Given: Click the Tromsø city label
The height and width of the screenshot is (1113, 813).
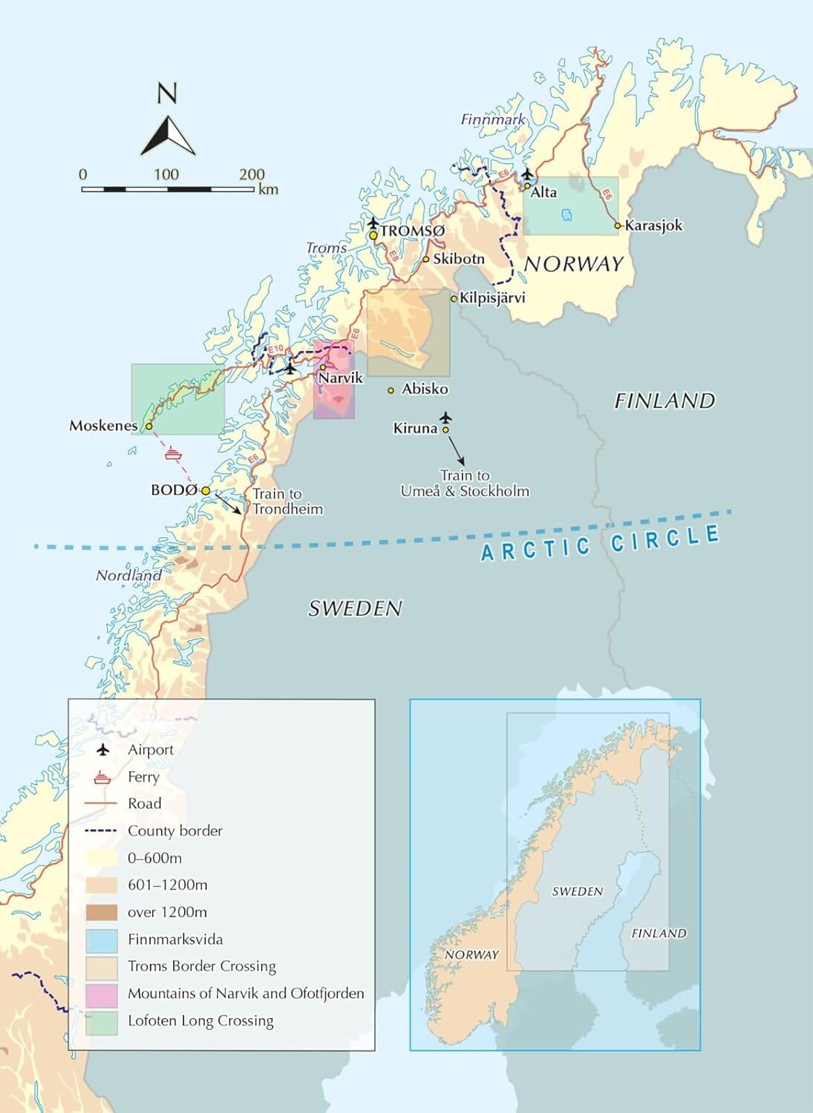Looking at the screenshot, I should [413, 232].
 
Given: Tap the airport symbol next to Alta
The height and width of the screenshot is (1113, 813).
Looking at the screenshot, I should [527, 174].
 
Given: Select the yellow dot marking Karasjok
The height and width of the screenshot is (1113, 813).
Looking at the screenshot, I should [618, 226].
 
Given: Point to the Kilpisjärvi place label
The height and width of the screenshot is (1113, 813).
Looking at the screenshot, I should [492, 298].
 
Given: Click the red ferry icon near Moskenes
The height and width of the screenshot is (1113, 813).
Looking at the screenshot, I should [173, 452].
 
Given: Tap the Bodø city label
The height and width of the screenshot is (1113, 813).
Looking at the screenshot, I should [174, 490].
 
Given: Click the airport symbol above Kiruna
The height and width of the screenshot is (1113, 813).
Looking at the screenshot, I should [445, 418].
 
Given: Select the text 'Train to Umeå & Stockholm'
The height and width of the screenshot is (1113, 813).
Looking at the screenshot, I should [465, 483].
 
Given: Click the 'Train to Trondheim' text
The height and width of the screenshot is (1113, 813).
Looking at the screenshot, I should [287, 502].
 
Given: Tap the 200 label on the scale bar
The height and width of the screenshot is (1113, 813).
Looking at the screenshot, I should [252, 174].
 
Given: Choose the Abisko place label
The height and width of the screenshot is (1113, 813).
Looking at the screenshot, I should [425, 389].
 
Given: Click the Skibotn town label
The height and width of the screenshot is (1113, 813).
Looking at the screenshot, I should [458, 259].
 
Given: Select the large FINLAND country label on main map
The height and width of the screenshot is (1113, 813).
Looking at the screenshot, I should [664, 401].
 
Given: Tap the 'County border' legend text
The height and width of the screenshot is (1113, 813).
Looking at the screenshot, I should [174, 830].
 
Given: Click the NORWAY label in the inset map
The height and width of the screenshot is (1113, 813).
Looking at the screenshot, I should [471, 955].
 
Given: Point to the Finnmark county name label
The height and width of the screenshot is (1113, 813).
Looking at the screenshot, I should [493, 119].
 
